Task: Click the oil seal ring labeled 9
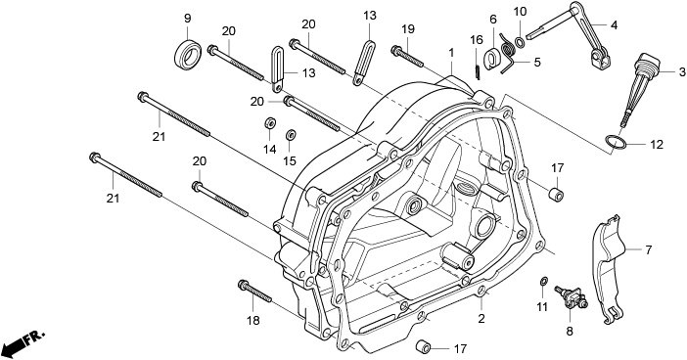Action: (188, 55)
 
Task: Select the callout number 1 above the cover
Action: (451, 53)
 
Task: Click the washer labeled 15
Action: (290, 135)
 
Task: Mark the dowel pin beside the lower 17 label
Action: (423, 346)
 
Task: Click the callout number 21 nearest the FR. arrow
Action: (113, 199)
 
